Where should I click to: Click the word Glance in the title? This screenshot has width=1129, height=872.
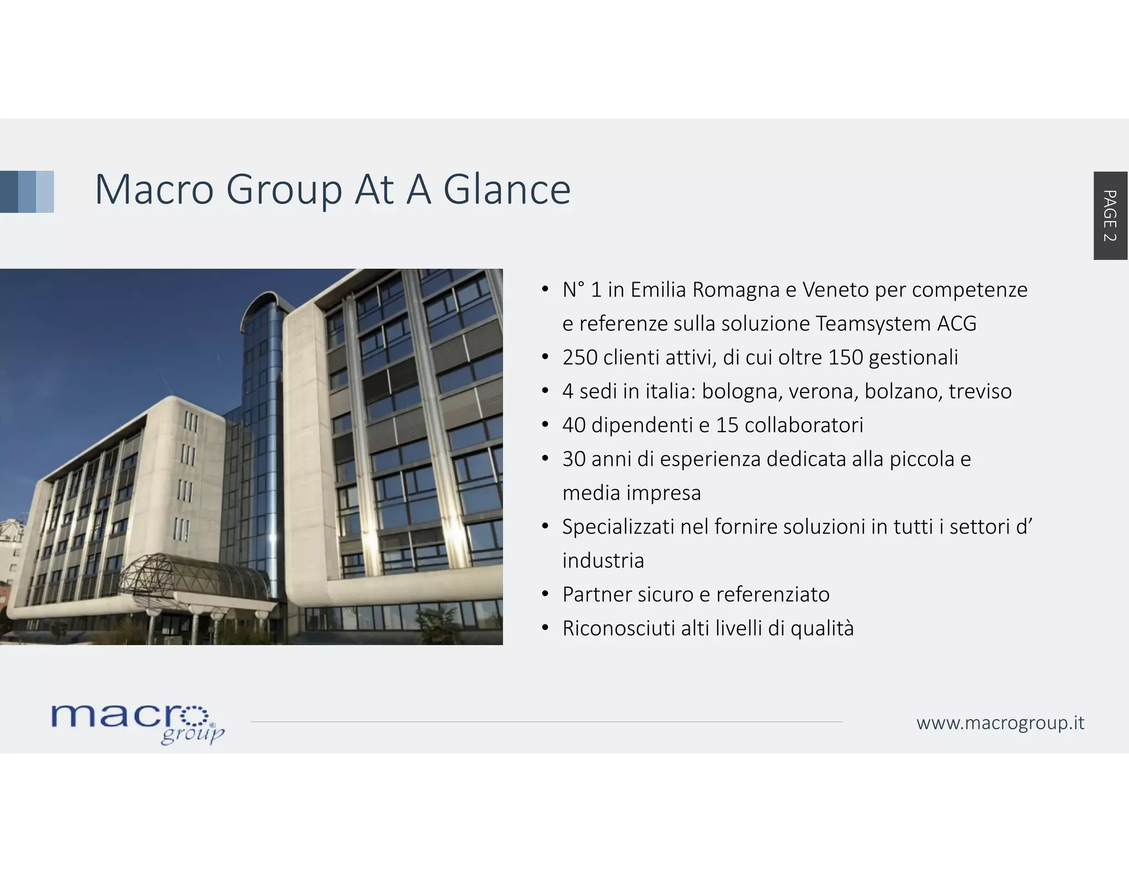(507, 190)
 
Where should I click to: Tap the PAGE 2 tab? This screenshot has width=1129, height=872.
(1110, 216)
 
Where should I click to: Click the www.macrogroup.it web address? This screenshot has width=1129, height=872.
(1000, 723)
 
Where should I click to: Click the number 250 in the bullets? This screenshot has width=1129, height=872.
(579, 358)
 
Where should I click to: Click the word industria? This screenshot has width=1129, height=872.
(603, 561)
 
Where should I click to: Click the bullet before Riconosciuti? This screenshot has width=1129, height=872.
(545, 628)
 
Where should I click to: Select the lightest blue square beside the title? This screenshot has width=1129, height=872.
(45, 191)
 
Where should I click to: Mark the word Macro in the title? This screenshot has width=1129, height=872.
(154, 190)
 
